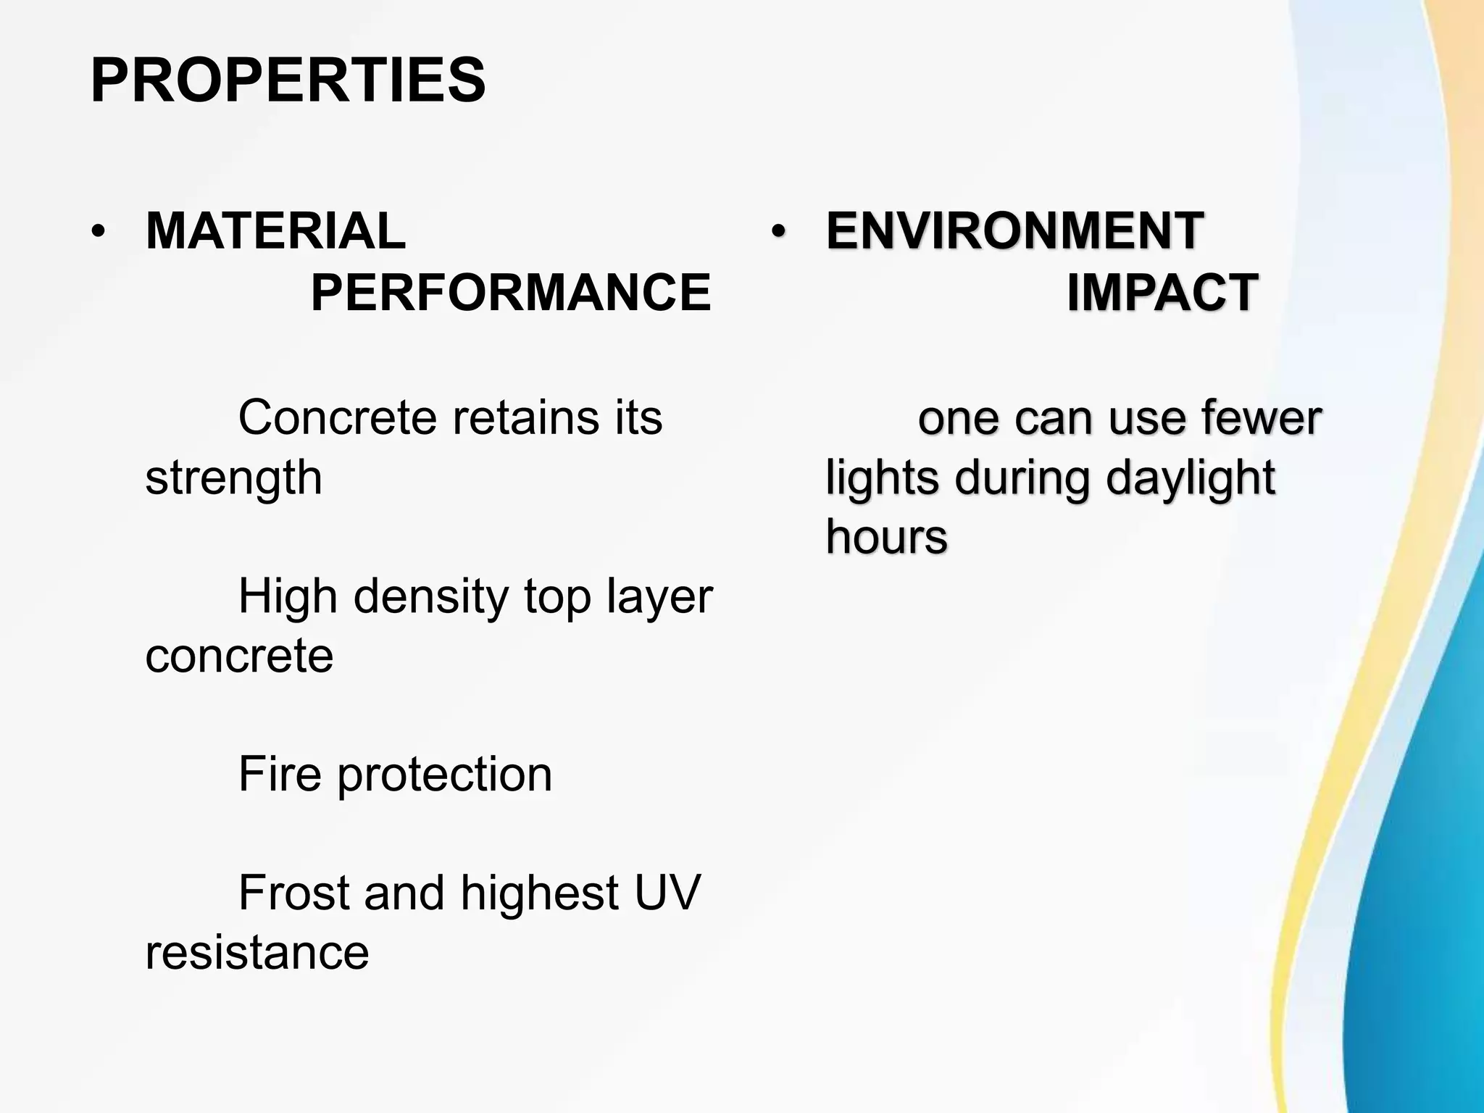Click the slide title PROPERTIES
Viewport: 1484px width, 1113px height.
point(288,80)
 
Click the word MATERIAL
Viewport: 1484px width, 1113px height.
point(275,231)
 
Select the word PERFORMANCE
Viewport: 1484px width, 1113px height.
point(511,292)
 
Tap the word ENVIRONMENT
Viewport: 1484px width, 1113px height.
point(1014,231)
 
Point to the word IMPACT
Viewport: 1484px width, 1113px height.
point(1162,292)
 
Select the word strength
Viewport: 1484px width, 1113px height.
point(233,478)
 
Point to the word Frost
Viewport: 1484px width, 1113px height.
point(293,893)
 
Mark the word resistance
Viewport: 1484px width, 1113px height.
point(257,952)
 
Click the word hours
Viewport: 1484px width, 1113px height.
point(886,537)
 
